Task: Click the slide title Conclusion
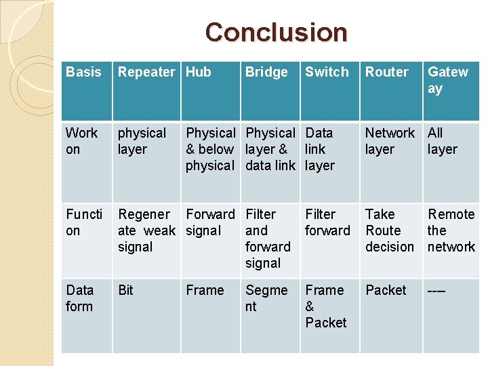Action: [276, 32]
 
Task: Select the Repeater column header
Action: [146, 72]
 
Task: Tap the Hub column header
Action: [199, 72]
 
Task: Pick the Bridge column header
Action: [266, 72]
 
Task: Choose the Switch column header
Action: [327, 72]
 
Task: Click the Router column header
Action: [387, 72]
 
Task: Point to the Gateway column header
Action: [448, 80]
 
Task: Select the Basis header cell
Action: [83, 72]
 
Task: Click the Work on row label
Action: [82, 141]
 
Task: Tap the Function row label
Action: [84, 222]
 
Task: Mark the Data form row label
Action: [80, 298]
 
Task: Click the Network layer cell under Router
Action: [390, 141]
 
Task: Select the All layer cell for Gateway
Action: [443, 141]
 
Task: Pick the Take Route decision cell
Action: [390, 230]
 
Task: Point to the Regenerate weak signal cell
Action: [146, 230]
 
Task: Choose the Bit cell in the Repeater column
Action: [126, 290]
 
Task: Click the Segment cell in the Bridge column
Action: [266, 298]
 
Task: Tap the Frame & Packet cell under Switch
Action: [326, 306]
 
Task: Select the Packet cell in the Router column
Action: [386, 290]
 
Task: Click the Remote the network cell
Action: [451, 230]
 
